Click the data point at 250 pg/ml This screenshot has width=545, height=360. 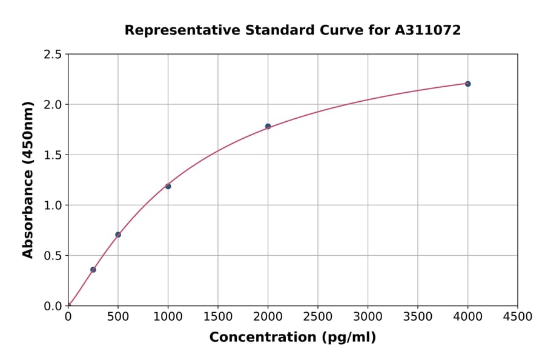(x=93, y=270)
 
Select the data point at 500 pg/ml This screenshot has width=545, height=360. (x=118, y=235)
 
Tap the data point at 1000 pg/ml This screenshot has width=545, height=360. (x=168, y=186)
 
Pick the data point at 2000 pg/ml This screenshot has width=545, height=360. (x=268, y=126)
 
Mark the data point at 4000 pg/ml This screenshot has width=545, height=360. (x=467, y=84)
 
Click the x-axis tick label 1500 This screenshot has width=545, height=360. (x=218, y=317)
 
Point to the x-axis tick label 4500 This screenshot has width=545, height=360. (x=517, y=317)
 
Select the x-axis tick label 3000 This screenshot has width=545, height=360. (x=368, y=317)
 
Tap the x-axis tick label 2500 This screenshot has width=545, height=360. (x=318, y=317)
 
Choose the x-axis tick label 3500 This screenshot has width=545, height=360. (x=418, y=317)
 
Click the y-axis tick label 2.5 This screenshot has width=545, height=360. (x=53, y=55)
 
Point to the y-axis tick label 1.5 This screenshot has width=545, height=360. (x=53, y=155)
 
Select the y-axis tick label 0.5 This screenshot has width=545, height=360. (x=53, y=256)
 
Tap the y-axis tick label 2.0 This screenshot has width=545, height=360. (x=53, y=105)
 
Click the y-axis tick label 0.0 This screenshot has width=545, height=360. (x=53, y=306)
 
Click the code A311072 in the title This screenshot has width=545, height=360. (x=428, y=30)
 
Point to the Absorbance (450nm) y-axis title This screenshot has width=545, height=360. (x=28, y=180)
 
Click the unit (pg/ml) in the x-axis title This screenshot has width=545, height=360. (x=350, y=338)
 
